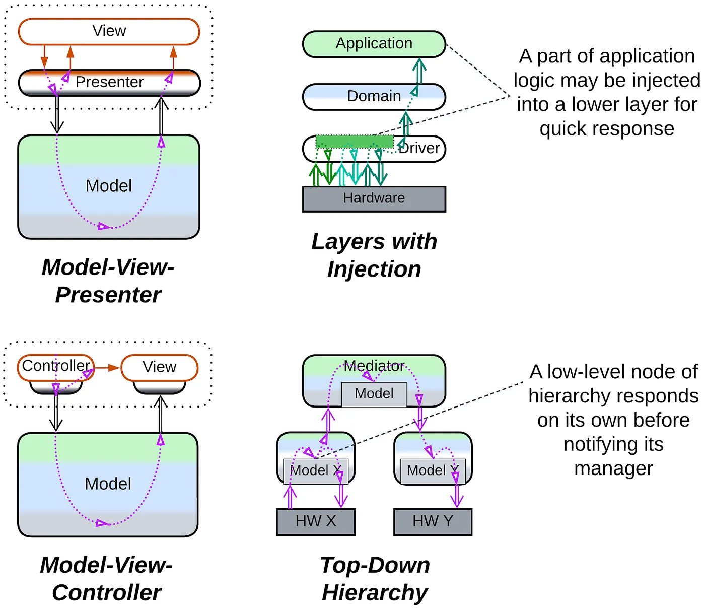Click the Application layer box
pyautogui.click(x=374, y=44)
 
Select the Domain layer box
pyautogui.click(x=374, y=96)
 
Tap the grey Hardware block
pyautogui.click(x=374, y=198)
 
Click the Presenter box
pyautogui.click(x=109, y=82)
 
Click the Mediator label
pyautogui.click(x=374, y=366)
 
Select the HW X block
pyautogui.click(x=316, y=521)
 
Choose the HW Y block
pyautogui.click(x=433, y=521)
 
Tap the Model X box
pyautogui.click(x=316, y=471)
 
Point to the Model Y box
pyautogui.click(x=433, y=471)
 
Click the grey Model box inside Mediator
pyautogui.click(x=374, y=394)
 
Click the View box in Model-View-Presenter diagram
pyautogui.click(x=109, y=31)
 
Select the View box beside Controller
pyautogui.click(x=160, y=367)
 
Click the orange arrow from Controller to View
pyautogui.click(x=107, y=368)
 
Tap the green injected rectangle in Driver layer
pyautogui.click(x=355, y=142)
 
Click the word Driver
pyautogui.click(x=419, y=149)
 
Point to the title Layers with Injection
pyautogui.click(x=374, y=255)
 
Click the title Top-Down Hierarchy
pyautogui.click(x=375, y=579)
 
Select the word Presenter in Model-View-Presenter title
pyautogui.click(x=108, y=295)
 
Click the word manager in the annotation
pyautogui.click(x=613, y=468)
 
